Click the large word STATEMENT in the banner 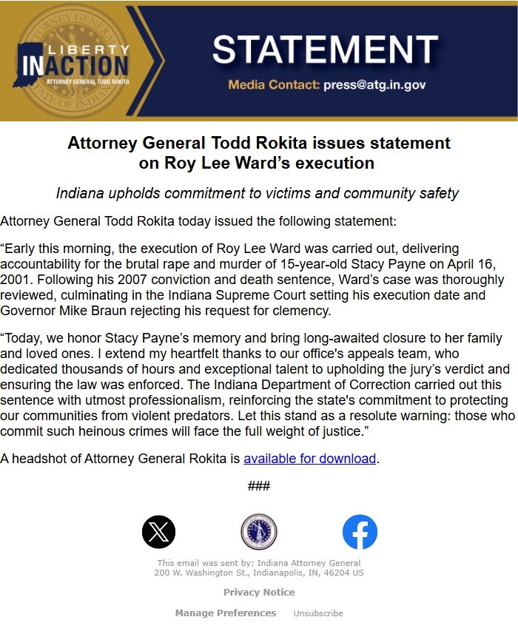coord(325,50)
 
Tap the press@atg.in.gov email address coord(374,85)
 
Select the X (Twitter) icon coord(158,532)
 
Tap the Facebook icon coord(360,532)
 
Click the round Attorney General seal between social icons coord(259,532)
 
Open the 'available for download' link coord(309,459)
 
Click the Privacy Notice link coord(259,592)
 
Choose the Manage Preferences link coord(226,613)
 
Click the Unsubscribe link coord(318,613)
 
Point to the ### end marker coord(259,486)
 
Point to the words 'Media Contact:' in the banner coord(274,85)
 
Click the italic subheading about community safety coord(258,194)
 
